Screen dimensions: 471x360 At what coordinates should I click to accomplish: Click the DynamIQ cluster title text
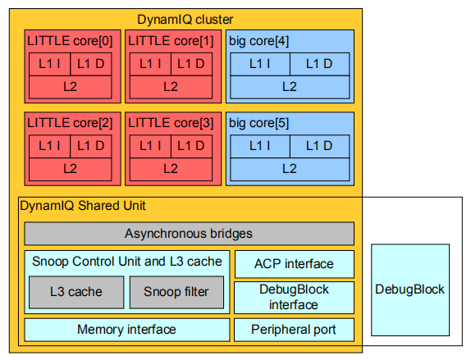pos(185,20)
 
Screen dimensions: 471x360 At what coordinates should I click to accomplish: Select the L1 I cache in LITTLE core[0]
pos(49,64)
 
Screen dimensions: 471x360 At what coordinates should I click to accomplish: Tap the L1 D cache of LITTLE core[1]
pos(192,64)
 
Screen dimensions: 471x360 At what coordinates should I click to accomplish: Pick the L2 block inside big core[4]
pos(290,87)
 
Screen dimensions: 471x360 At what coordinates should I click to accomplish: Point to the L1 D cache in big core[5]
pos(320,146)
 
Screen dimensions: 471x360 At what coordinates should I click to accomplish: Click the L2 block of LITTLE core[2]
pos(71,169)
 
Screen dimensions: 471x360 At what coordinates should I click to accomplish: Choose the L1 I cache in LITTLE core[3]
pos(150,146)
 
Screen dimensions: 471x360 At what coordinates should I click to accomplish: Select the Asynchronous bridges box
pos(190,234)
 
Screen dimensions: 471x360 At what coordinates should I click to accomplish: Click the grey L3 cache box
pos(76,292)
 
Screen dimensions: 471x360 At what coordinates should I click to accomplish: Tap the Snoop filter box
pos(176,292)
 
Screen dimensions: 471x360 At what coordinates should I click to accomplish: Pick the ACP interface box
pos(294,264)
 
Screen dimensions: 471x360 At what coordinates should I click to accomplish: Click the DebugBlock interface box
pos(294,298)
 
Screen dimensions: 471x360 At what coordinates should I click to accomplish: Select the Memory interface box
pos(127,330)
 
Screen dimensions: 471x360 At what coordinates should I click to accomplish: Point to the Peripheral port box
pos(294,330)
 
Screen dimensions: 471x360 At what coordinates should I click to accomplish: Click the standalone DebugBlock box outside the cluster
pos(410,289)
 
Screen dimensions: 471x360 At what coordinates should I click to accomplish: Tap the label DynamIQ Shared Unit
pos(83,206)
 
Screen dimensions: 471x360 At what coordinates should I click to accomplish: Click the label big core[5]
pos(259,123)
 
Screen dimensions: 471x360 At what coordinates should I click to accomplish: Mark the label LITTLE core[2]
pos(70,123)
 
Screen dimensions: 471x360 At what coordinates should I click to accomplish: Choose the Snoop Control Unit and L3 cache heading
pos(127,262)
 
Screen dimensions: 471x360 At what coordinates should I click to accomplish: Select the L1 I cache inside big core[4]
pos(260,64)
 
